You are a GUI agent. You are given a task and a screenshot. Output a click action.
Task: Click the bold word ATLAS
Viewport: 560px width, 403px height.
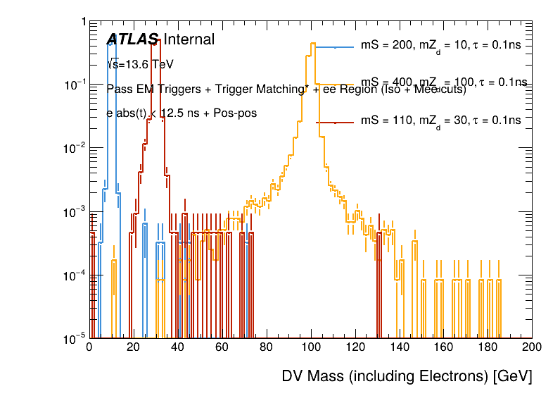pyautogui.click(x=133, y=40)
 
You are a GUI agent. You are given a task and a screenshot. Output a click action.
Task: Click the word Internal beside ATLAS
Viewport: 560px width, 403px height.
pyautogui.click(x=189, y=40)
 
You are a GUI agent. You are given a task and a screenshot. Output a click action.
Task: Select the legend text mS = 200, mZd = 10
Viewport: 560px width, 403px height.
pyautogui.click(x=440, y=46)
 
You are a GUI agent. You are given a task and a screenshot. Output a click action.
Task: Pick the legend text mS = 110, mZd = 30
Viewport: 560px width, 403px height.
pyautogui.click(x=440, y=121)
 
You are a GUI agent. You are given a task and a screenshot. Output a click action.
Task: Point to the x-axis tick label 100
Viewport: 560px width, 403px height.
pyautogui.click(x=310, y=347)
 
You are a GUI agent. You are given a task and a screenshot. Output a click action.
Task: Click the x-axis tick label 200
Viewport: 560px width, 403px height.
pyautogui.click(x=532, y=347)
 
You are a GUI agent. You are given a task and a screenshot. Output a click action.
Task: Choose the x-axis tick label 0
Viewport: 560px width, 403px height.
pyautogui.click(x=89, y=347)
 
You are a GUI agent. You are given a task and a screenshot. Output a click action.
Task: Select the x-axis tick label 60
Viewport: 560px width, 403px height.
pyautogui.click(x=222, y=347)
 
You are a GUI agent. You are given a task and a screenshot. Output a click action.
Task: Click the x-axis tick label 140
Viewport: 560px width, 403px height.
pyautogui.click(x=399, y=347)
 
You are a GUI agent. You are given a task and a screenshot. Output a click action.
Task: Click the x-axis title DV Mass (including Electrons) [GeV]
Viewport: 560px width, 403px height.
pyautogui.click(x=407, y=376)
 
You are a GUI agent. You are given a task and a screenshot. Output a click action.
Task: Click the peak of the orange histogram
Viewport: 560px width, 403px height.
pyautogui.click(x=311, y=44)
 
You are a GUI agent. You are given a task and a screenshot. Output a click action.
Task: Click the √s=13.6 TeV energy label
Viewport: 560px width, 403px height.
pyautogui.click(x=141, y=65)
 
